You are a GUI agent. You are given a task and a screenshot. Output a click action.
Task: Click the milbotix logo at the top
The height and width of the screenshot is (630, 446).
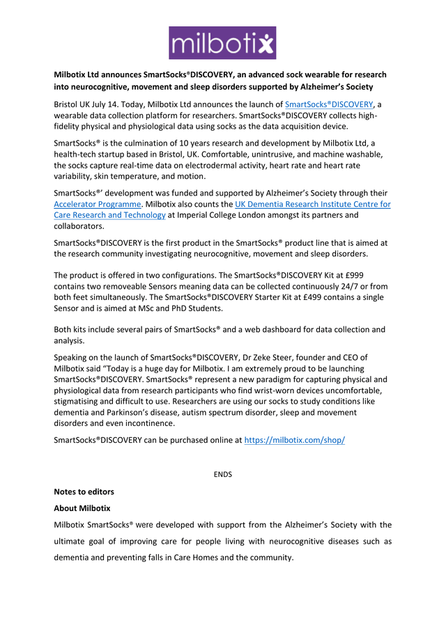click(222, 42)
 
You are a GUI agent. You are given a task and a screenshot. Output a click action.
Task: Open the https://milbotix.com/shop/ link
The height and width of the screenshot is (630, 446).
click(294, 441)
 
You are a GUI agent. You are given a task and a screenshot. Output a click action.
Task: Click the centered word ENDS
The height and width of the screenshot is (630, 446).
click(222, 474)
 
